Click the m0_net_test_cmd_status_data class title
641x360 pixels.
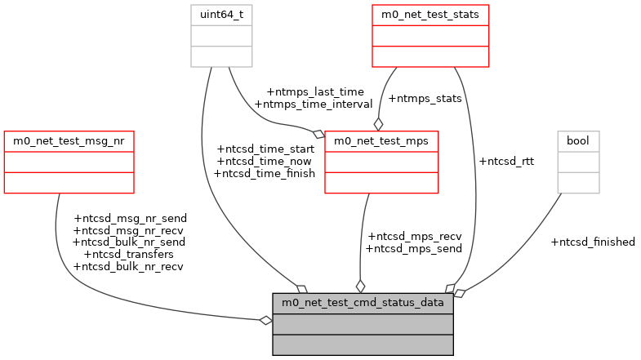click(363, 303)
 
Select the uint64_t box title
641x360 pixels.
click(221, 15)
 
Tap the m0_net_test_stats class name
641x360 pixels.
click(430, 15)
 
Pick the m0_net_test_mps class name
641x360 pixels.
click(381, 141)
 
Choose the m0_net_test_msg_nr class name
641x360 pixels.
click(69, 141)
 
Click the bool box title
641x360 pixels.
click(578, 141)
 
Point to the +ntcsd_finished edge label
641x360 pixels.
click(593, 242)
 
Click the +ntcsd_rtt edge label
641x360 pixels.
click(506, 161)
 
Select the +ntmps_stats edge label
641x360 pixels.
click(425, 98)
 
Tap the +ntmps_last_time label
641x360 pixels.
click(315, 91)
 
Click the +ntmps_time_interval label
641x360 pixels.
click(314, 104)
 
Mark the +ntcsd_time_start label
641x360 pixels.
click(265, 149)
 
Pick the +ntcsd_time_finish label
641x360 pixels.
click(265, 173)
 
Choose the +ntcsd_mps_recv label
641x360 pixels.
click(414, 236)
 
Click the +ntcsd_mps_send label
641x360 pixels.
click(414, 248)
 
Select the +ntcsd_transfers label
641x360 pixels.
click(129, 254)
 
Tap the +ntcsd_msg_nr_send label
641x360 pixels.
click(130, 218)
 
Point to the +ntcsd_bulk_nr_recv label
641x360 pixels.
click(130, 266)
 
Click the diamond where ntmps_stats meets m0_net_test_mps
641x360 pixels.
click(378, 124)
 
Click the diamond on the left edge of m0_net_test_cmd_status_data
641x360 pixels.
click(265, 320)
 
